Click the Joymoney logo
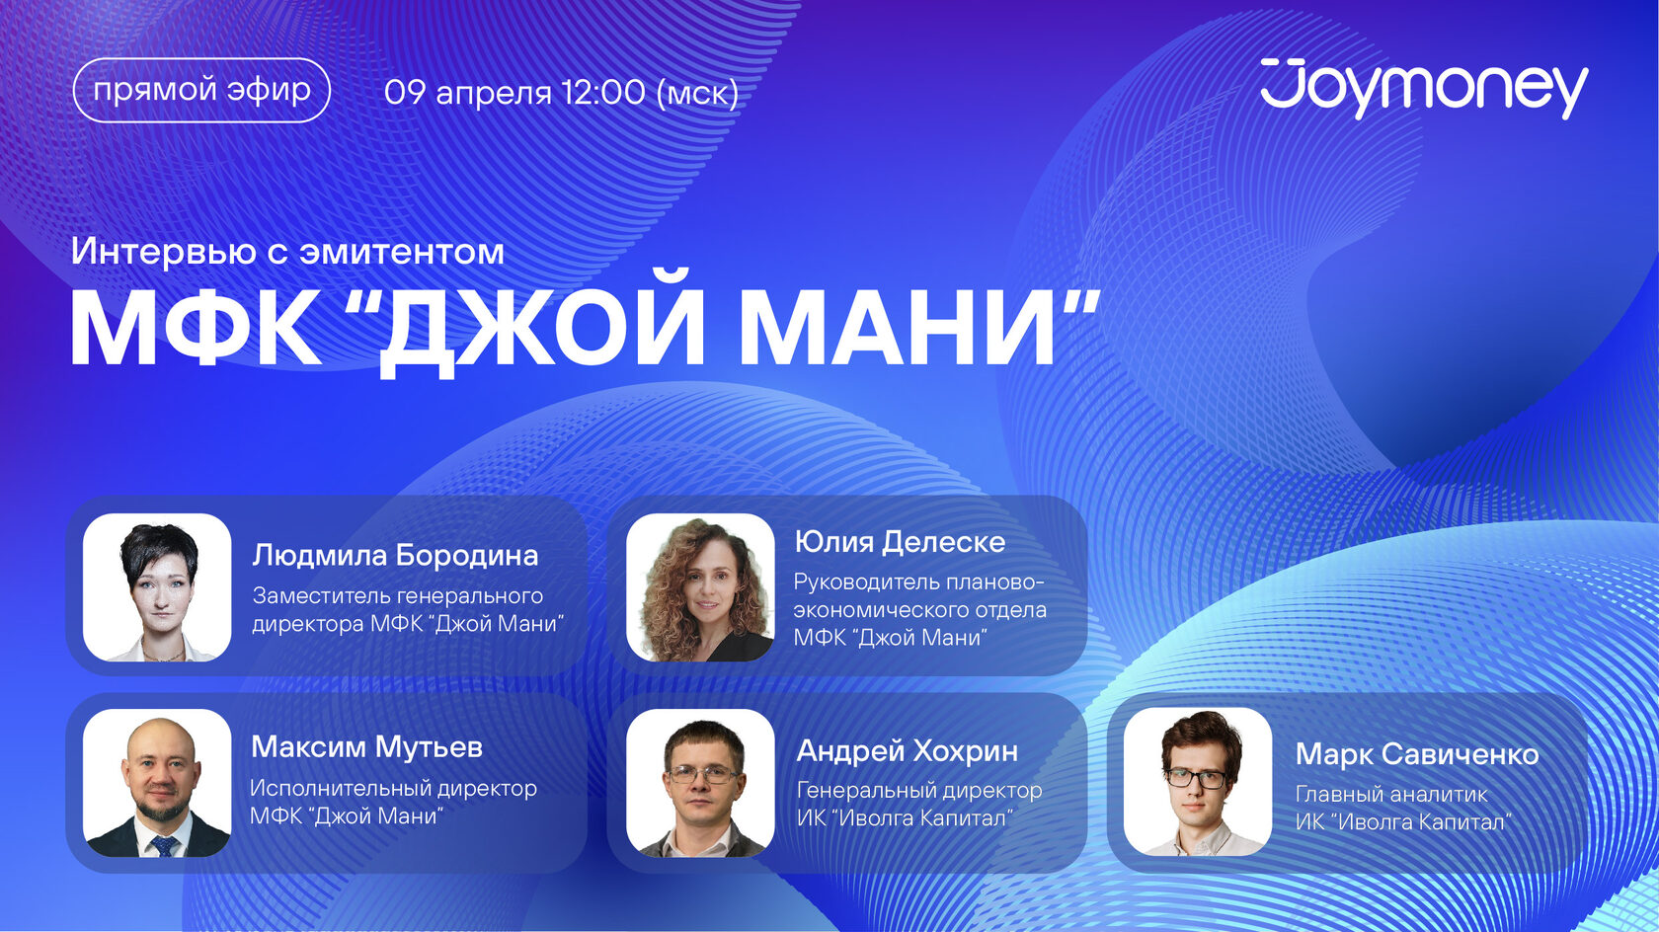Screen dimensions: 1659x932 1424,89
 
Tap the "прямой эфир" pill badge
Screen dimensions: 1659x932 201,90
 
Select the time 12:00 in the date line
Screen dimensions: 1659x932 603,93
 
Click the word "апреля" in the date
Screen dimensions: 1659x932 494,94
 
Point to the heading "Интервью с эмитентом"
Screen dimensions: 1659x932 287,252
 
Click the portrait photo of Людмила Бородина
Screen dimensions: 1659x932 157,587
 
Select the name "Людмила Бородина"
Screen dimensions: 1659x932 395,555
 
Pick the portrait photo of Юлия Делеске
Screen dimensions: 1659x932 700,587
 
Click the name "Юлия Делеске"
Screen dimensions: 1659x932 900,543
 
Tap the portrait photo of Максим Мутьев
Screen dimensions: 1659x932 157,783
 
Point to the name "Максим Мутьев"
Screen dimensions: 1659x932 366,747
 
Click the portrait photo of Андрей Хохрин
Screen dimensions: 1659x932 700,783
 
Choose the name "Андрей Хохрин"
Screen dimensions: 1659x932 908,751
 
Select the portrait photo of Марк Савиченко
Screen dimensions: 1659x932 1198,782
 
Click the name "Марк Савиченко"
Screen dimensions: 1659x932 1417,754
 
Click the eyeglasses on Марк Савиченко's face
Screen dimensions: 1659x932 1195,778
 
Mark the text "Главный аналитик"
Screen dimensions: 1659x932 1391,795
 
